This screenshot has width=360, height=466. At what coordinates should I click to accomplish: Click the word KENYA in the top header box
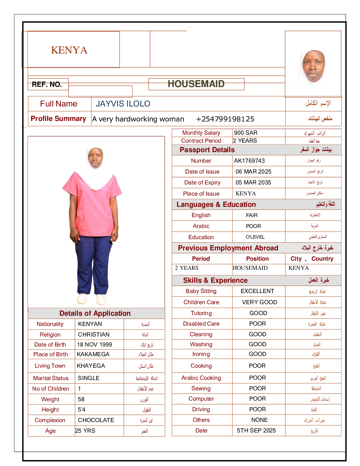click(x=69, y=50)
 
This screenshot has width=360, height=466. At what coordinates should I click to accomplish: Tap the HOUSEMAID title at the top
click(x=196, y=84)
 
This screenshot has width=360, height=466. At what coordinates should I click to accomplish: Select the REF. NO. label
click(x=47, y=85)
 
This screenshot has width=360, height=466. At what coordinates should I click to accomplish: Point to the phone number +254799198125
click(x=225, y=119)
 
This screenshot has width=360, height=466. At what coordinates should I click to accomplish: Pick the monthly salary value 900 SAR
click(x=246, y=133)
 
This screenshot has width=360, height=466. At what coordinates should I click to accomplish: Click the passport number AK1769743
click(x=249, y=161)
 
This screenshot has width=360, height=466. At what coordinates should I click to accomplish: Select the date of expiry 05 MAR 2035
click(x=253, y=183)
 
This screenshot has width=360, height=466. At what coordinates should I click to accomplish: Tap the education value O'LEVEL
click(x=255, y=237)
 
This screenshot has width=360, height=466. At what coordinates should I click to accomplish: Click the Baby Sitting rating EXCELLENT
click(x=257, y=291)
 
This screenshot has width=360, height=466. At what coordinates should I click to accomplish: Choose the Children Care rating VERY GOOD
click(x=259, y=302)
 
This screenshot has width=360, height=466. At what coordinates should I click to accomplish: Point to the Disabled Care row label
click(x=201, y=324)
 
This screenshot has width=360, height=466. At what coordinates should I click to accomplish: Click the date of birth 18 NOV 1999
click(x=94, y=345)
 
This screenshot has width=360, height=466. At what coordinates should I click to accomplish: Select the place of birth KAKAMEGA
click(x=93, y=355)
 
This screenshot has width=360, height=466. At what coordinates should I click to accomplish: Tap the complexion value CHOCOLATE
click(x=96, y=420)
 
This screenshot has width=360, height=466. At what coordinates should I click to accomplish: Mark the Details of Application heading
click(x=95, y=314)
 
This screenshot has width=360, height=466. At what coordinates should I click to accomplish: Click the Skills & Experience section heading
click(x=215, y=281)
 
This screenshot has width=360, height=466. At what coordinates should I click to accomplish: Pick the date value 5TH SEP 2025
click(x=256, y=431)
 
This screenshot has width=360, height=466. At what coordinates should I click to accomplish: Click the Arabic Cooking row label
click(x=201, y=378)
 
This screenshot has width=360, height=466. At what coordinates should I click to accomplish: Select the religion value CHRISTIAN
click(x=94, y=335)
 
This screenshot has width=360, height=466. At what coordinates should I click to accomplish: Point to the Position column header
click(x=257, y=259)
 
